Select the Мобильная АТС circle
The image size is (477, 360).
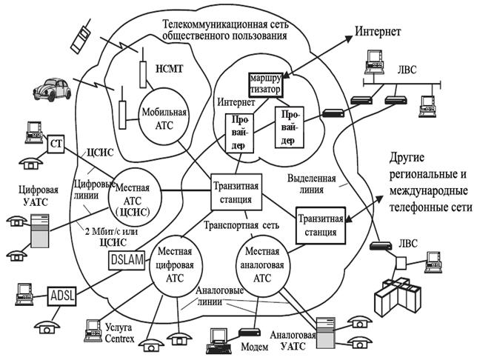[164, 115]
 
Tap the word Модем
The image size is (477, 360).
[256, 346]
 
